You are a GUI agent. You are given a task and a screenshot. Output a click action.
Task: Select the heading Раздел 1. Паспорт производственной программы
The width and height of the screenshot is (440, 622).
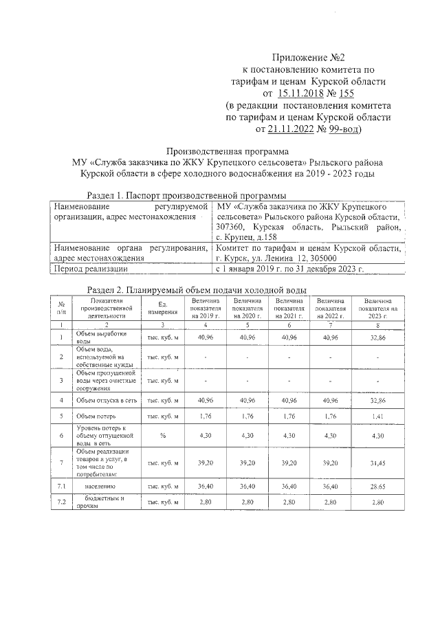(184, 195)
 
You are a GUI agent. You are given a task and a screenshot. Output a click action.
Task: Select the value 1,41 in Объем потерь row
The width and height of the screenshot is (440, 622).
(377, 416)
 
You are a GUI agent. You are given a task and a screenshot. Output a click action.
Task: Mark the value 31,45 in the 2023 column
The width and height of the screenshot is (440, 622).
(377, 463)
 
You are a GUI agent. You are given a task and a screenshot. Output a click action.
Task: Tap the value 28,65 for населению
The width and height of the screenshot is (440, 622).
(377, 485)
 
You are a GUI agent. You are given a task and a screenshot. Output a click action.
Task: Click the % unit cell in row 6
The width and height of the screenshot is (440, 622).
(164, 436)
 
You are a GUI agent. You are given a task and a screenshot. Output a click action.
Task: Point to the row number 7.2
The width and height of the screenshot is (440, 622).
(62, 502)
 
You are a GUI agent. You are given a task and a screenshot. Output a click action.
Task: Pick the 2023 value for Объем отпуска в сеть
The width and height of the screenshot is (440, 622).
(377, 399)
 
